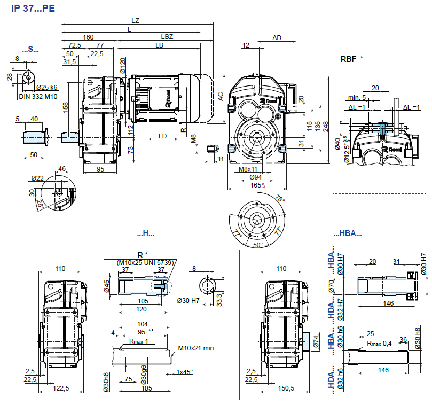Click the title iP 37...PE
tap(32, 9)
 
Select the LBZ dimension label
tap(167, 37)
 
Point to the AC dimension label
tap(220, 96)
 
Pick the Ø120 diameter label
tap(123, 66)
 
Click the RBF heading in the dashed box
tap(349, 59)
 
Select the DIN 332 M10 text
tap(39, 96)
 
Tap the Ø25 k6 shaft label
tap(47, 87)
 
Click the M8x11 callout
tap(248, 169)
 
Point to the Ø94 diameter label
tap(256, 177)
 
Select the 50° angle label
tap(258, 244)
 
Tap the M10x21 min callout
tap(195, 348)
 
